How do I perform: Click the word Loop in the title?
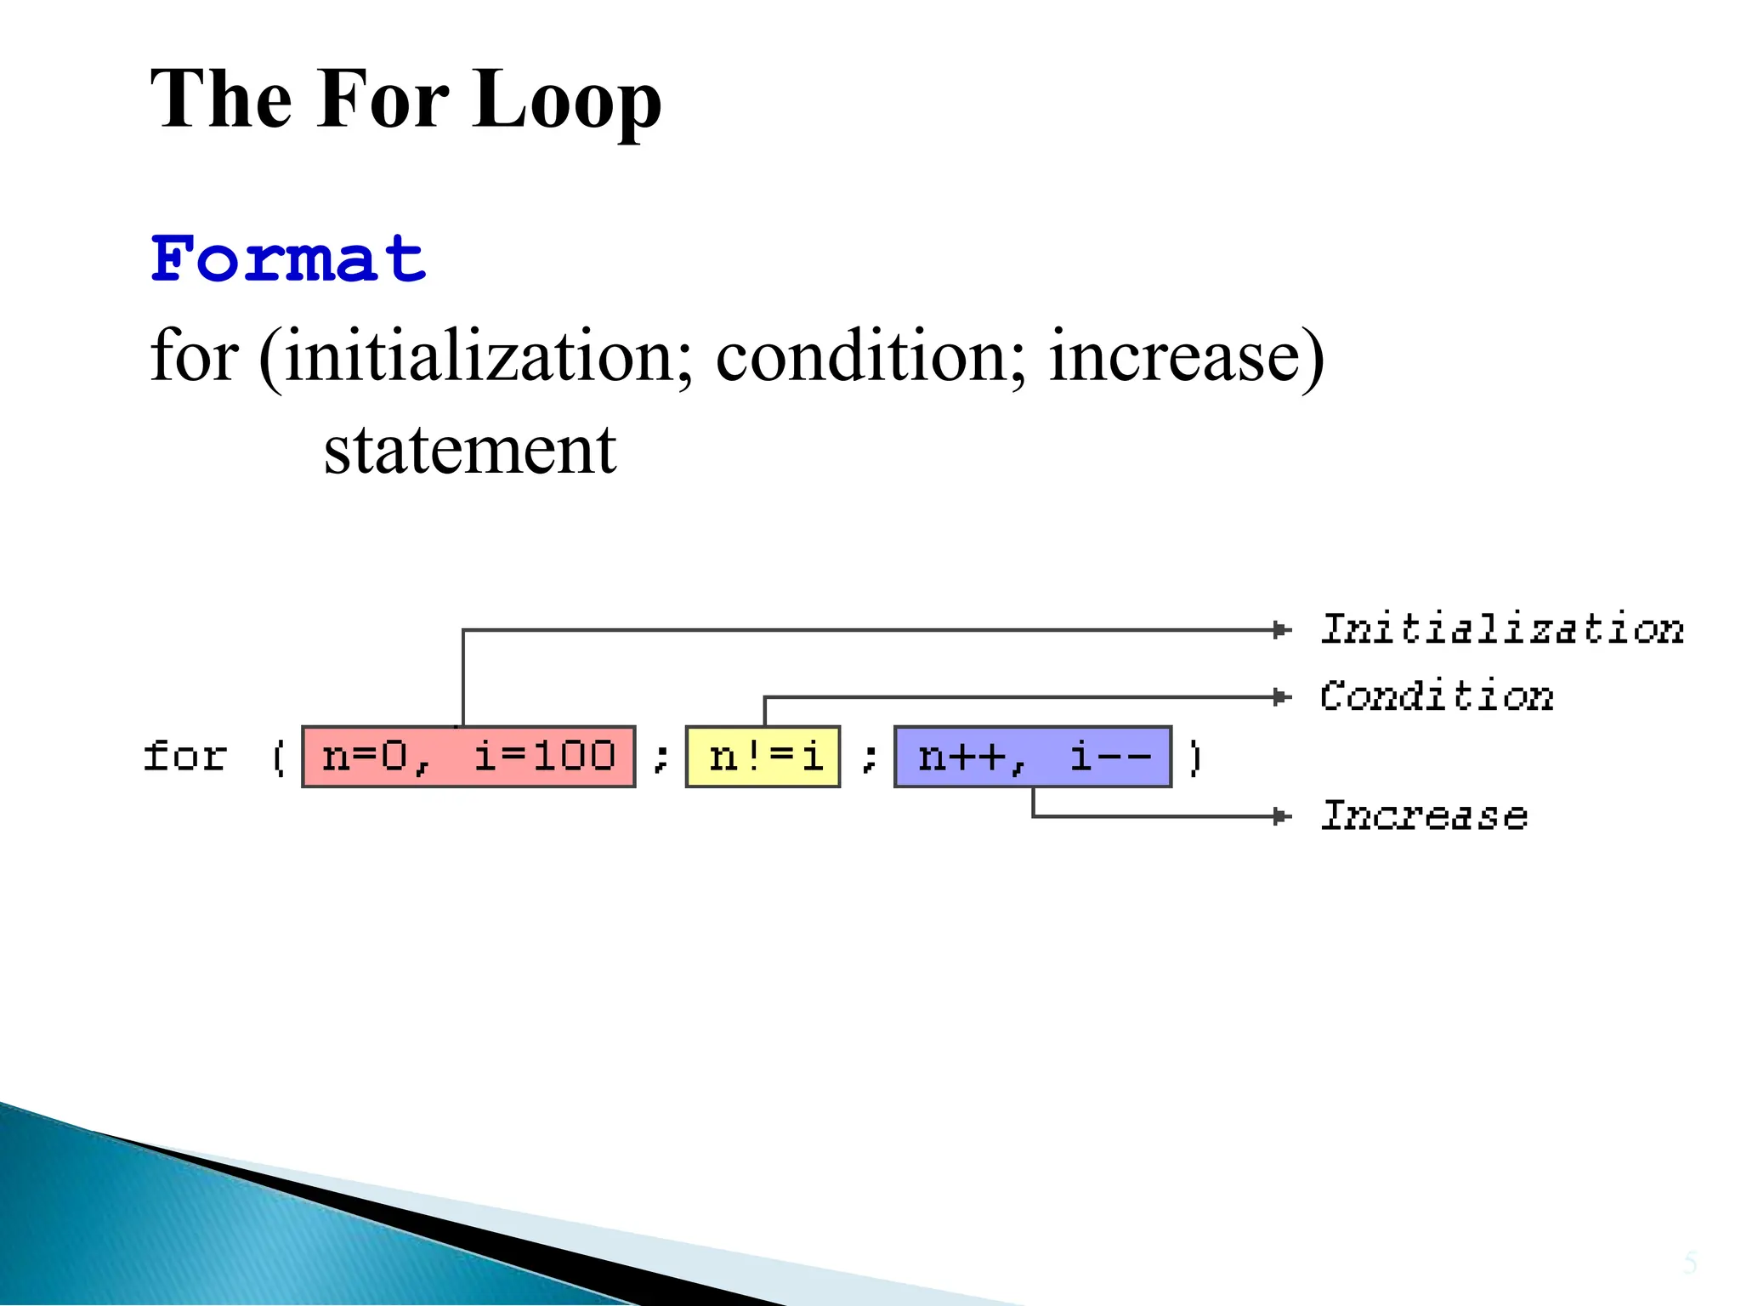click(566, 100)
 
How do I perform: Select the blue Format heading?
click(288, 259)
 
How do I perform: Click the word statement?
click(470, 450)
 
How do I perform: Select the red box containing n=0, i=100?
click(468, 757)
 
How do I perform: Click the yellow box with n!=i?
click(763, 757)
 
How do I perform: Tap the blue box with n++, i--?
click(1033, 757)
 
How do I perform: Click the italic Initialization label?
click(1501, 629)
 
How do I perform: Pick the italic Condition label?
click(1437, 696)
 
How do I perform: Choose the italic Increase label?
click(1424, 815)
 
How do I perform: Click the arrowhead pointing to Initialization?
click(1282, 630)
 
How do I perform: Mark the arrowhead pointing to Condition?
click(1282, 697)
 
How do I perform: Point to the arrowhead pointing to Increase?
click(1282, 816)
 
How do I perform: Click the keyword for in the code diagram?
click(185, 756)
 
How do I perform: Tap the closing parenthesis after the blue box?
click(1194, 757)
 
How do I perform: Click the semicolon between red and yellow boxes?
click(661, 757)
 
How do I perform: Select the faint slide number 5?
click(1690, 1263)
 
